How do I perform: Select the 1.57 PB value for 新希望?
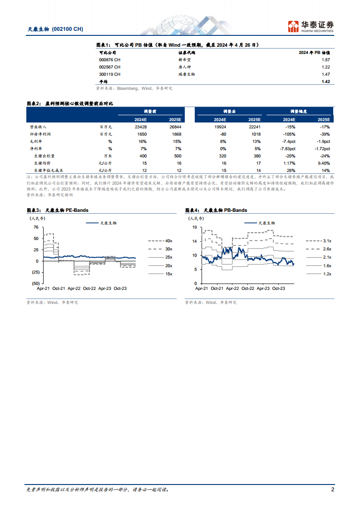[325, 60]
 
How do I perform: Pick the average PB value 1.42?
[325, 82]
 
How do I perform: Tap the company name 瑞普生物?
[186, 74]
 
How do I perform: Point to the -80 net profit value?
[222, 134]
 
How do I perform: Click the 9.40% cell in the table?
[323, 162]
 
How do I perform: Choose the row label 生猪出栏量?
[44, 155]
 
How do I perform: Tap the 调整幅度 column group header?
[300, 111]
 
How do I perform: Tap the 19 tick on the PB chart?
[194, 227]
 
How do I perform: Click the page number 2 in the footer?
[332, 489]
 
